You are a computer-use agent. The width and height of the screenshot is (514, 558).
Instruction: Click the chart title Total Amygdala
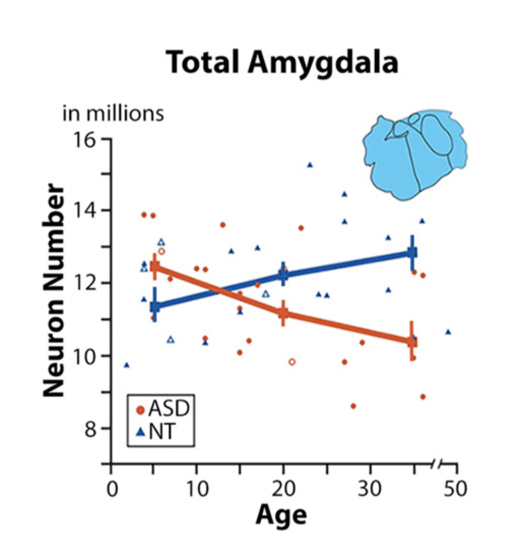(x=282, y=63)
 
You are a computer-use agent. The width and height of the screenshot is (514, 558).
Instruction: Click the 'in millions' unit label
(x=113, y=114)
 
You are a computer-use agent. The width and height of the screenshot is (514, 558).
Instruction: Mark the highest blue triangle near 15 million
(x=310, y=165)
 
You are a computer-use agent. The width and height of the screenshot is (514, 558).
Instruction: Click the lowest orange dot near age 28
(x=353, y=406)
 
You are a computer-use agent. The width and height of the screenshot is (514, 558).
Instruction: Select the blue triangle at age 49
(x=448, y=332)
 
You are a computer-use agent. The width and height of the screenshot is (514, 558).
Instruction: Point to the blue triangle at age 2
(x=126, y=365)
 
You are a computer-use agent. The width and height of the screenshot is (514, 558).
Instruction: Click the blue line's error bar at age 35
(x=412, y=252)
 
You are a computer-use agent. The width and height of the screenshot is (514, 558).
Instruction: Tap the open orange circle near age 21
(x=292, y=362)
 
